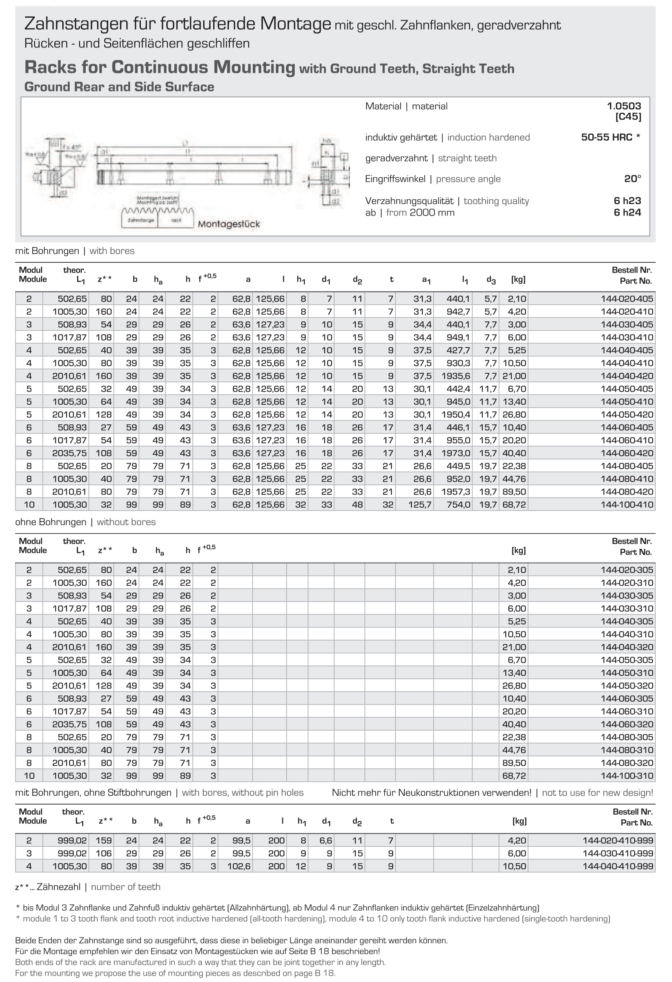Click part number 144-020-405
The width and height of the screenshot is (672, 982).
(627, 299)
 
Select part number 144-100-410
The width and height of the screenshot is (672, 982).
(627, 504)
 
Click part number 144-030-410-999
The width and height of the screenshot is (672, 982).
(618, 853)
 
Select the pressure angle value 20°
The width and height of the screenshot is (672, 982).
(632, 179)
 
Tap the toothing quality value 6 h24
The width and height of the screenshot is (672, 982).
(627, 213)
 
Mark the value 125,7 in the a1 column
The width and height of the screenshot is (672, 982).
(420, 504)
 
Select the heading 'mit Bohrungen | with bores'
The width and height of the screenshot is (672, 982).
(75, 251)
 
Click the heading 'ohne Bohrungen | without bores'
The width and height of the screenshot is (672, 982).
(85, 522)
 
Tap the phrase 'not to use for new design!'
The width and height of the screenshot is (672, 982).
(597, 793)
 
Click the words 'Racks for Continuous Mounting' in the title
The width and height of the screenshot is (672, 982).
(160, 68)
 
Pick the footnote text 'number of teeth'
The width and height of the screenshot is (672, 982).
(126, 887)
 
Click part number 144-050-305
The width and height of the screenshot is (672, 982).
(627, 660)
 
